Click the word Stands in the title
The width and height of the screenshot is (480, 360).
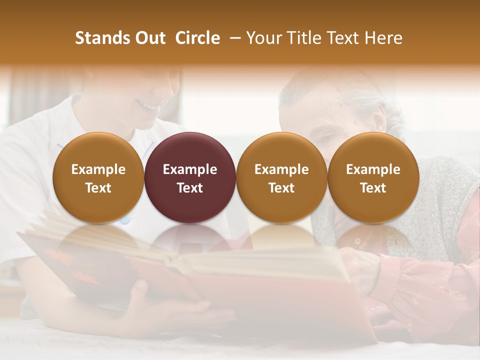(x=99, y=38)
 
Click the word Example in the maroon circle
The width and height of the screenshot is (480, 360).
(x=190, y=169)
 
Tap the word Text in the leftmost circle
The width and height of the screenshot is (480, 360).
(x=98, y=188)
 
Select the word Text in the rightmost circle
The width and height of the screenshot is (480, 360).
(x=373, y=188)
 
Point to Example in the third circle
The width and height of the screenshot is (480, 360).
(x=281, y=169)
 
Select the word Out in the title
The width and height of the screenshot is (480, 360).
(x=149, y=38)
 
